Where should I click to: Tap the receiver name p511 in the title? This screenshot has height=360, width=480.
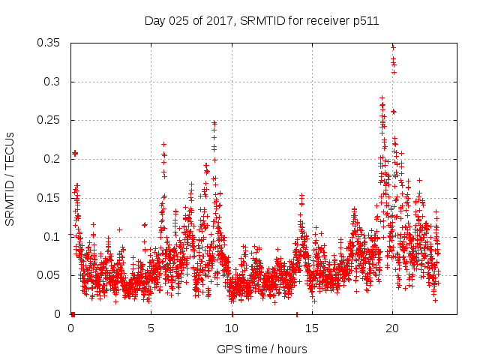(363, 21)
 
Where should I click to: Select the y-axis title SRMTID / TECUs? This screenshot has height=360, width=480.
(10, 178)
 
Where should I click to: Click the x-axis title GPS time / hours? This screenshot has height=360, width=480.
(262, 349)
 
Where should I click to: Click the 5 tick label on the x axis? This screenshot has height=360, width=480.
(151, 328)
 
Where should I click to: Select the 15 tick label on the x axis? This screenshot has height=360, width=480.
(311, 328)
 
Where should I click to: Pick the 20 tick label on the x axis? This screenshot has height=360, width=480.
(391, 328)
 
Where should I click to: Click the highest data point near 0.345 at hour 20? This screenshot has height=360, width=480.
(393, 46)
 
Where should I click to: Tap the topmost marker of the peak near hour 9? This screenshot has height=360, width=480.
(214, 122)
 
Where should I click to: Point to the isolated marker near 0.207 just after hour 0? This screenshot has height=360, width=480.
(74, 153)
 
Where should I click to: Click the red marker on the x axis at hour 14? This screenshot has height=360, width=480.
(297, 314)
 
